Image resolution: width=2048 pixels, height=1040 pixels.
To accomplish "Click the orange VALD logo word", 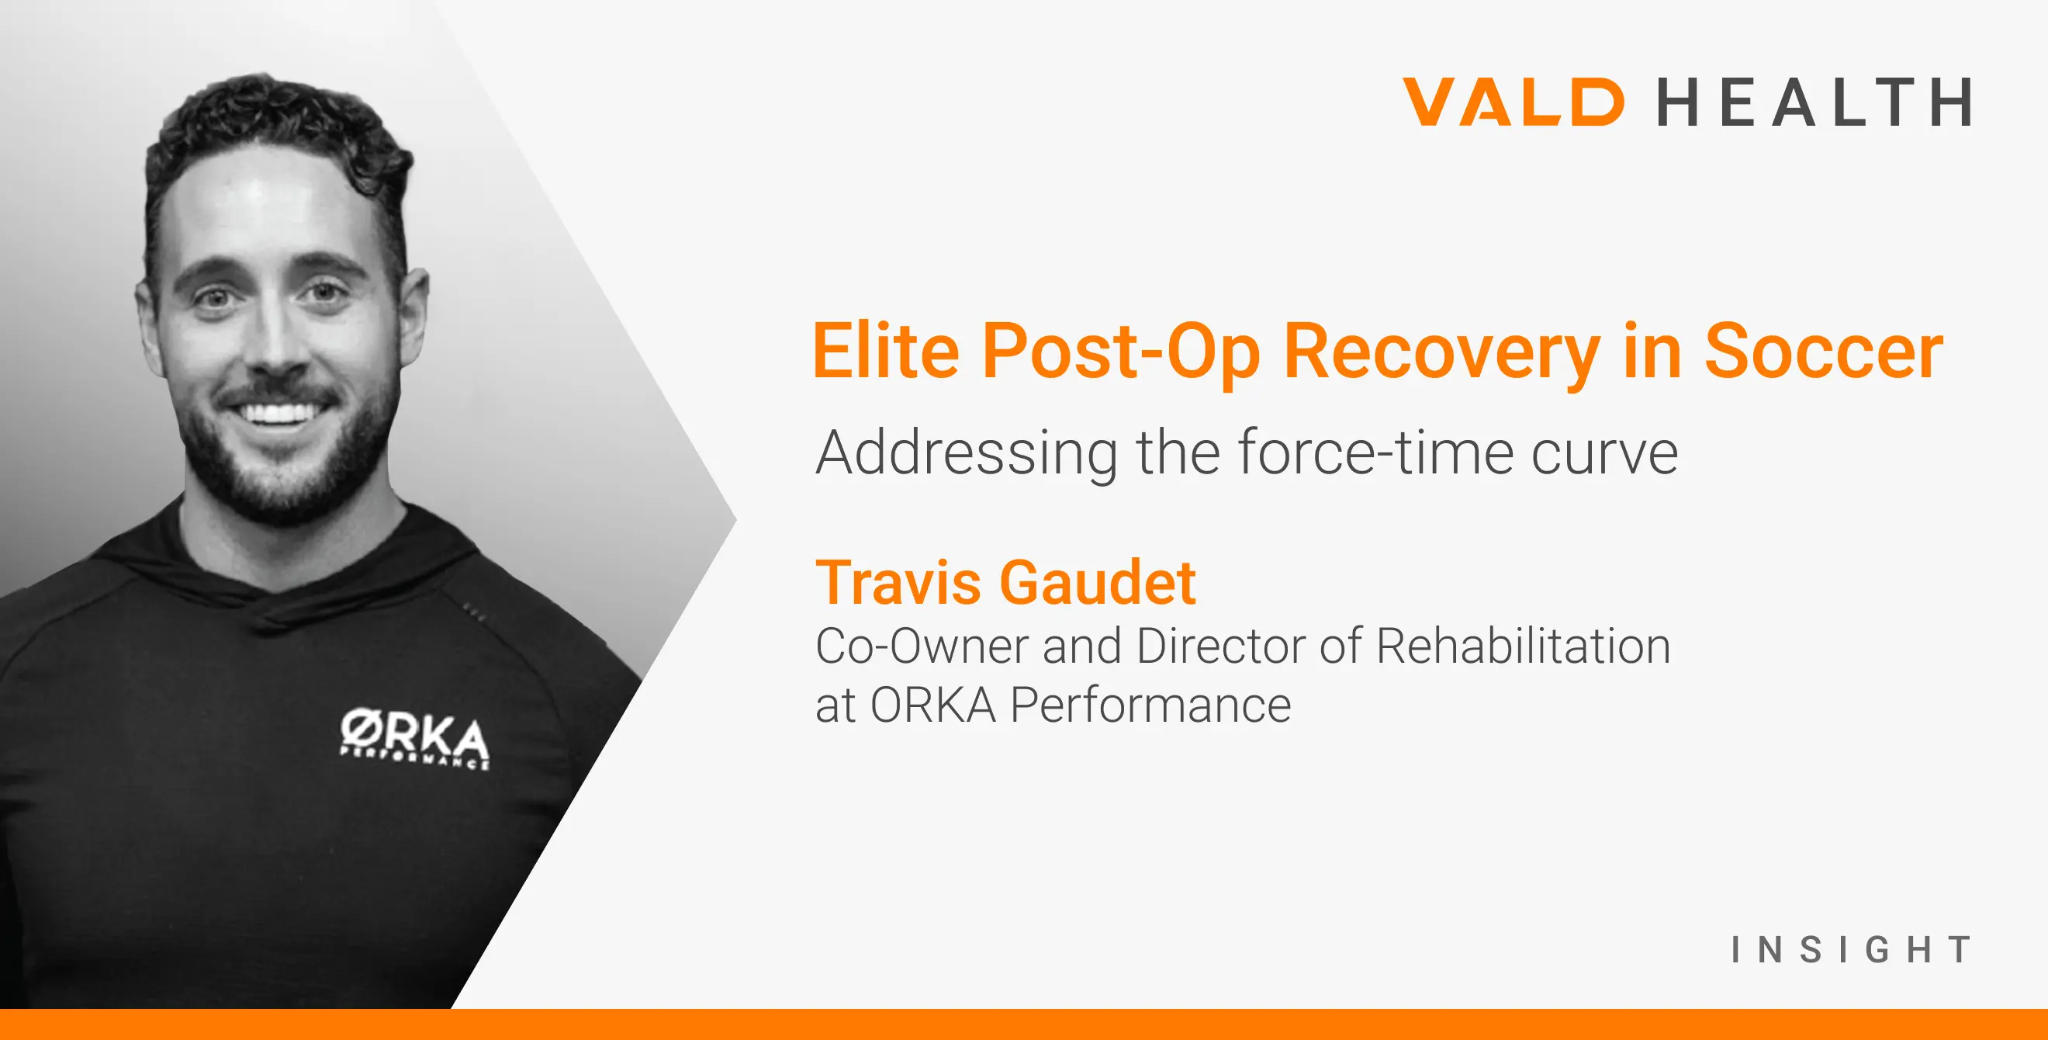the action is pos(1513,101).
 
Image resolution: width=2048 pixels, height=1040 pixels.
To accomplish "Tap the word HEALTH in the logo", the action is pos(1814,102).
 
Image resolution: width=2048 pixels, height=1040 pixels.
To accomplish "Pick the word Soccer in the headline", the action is pos(1824,351).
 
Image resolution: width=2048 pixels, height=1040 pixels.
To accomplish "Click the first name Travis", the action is pos(898,582).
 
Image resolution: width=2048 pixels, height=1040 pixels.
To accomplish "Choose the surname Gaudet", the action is pos(1098,582).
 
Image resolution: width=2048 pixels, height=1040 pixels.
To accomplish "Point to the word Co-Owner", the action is pos(922,646).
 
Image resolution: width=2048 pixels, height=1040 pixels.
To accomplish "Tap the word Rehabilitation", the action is pos(1524,646).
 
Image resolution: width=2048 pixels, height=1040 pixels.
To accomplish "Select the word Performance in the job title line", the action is pos(1150,705).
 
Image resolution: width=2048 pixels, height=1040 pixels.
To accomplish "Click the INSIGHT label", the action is pos(1851,949).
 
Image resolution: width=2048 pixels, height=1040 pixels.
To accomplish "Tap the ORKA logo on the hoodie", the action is pos(414,739).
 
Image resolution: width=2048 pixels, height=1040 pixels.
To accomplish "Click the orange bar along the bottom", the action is pos(1024,1024).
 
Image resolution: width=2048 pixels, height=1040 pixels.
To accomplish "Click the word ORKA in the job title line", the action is pos(932,705).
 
